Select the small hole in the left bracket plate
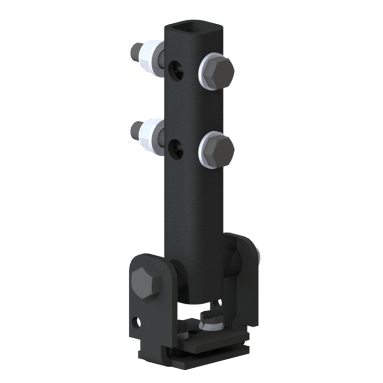138,320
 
